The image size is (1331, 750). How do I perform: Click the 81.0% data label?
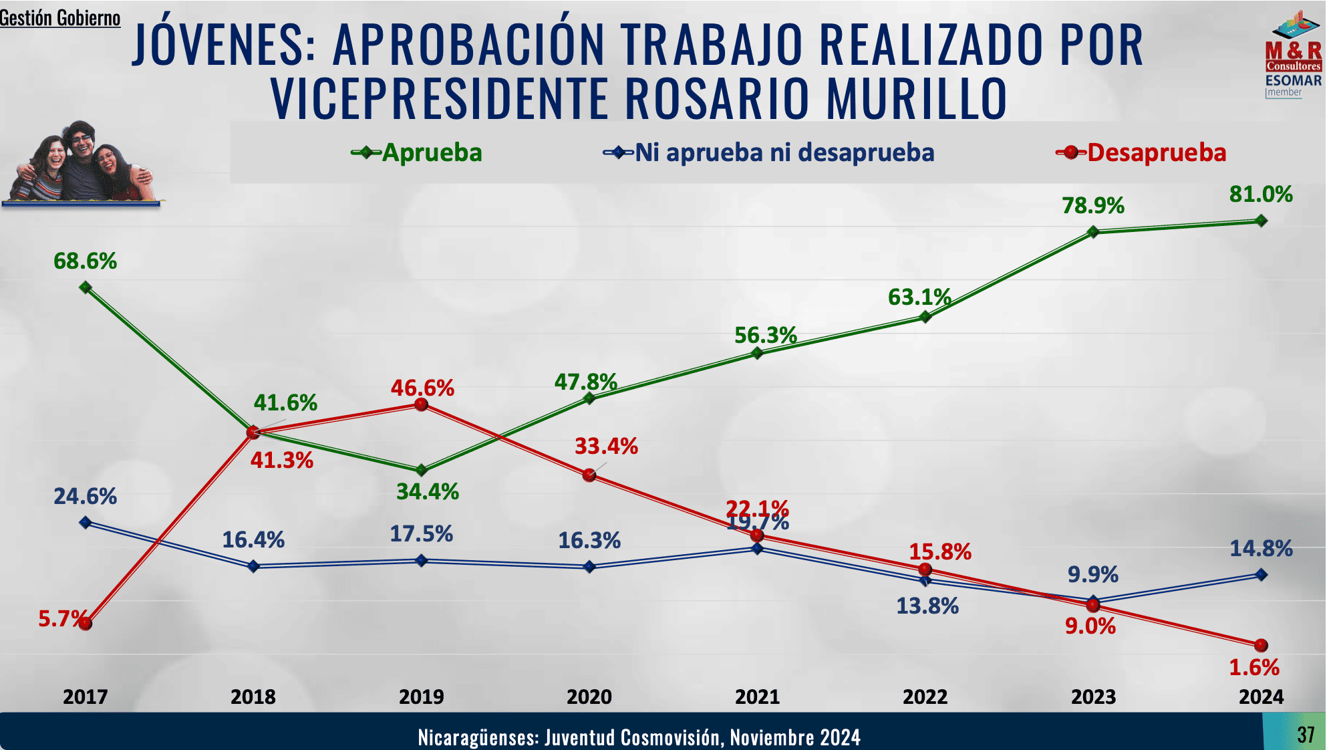pyautogui.click(x=1261, y=195)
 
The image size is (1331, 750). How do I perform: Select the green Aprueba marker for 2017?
pyautogui.click(x=86, y=287)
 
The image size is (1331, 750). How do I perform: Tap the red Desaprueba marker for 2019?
pyautogui.click(x=421, y=404)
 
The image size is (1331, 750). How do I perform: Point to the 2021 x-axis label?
pyautogui.click(x=757, y=697)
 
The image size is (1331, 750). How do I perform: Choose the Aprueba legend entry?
pyautogui.click(x=417, y=152)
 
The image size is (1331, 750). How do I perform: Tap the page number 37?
pyautogui.click(x=1306, y=735)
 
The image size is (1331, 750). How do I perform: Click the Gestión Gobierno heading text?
pyautogui.click(x=60, y=18)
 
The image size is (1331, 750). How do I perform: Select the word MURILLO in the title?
pyautogui.click(x=916, y=98)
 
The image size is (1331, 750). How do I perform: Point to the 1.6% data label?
pyautogui.click(x=1254, y=667)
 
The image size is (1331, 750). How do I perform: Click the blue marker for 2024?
pyautogui.click(x=1261, y=575)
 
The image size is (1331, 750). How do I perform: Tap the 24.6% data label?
pyautogui.click(x=86, y=497)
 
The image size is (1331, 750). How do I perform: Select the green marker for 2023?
pyautogui.click(x=1093, y=232)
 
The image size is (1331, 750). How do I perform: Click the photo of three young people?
pyautogui.click(x=82, y=164)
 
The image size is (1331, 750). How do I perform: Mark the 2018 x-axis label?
pyautogui.click(x=253, y=697)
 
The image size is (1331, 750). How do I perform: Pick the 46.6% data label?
pyautogui.click(x=422, y=388)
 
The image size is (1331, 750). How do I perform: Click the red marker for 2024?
pyautogui.click(x=1261, y=645)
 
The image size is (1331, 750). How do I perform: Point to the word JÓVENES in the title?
pyautogui.click(x=224, y=45)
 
